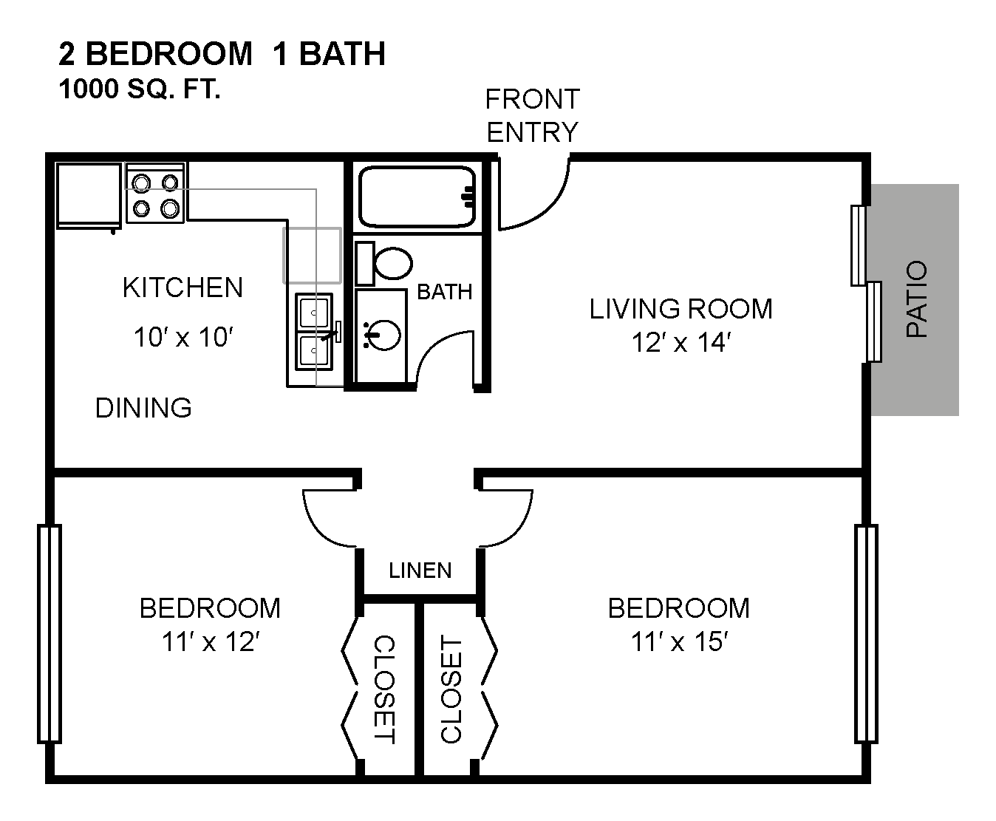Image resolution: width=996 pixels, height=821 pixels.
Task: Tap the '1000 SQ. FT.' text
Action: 140,89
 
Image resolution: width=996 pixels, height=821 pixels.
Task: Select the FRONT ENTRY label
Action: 532,115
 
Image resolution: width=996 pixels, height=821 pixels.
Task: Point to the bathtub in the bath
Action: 417,197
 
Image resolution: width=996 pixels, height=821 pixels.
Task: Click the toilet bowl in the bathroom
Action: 394,263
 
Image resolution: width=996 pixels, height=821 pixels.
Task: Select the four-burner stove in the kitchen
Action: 155,193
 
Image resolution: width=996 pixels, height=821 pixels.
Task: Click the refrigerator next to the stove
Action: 89,196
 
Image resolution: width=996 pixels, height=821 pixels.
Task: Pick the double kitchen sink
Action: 314,332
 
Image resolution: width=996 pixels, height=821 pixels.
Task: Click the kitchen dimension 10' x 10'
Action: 183,337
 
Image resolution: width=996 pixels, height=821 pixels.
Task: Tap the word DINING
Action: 143,408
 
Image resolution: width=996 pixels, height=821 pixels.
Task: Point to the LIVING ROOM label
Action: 681,309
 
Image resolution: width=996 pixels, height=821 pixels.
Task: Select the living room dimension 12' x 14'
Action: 681,343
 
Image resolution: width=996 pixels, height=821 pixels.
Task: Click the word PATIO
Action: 917,299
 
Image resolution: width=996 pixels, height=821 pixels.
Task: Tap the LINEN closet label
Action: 420,570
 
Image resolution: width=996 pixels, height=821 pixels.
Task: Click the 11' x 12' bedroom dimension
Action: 211,641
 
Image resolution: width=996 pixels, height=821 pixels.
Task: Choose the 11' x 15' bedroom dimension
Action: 679,641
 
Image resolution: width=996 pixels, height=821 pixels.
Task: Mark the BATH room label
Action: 445,292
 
